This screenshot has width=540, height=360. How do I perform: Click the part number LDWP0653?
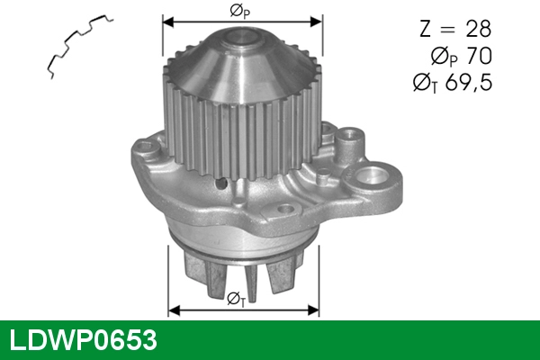coord(83,340)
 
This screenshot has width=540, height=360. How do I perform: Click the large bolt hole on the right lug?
coord(371,175)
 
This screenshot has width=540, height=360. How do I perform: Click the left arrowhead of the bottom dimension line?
coord(174,310)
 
